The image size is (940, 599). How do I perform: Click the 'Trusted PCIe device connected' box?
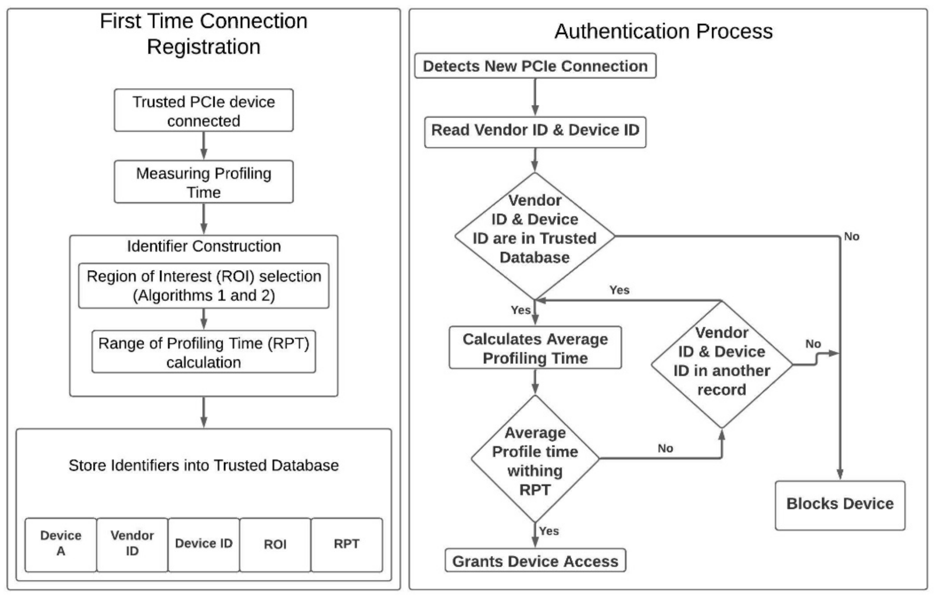(x=203, y=111)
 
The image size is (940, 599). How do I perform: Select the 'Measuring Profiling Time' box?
(x=203, y=182)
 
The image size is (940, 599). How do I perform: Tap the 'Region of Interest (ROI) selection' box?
(x=203, y=286)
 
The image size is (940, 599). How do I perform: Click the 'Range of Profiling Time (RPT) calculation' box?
(x=203, y=352)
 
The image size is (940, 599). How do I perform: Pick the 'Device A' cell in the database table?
(x=60, y=544)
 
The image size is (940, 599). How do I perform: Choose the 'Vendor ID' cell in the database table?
(x=132, y=544)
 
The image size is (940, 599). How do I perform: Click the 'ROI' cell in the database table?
(x=275, y=544)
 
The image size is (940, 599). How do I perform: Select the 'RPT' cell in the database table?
(x=347, y=544)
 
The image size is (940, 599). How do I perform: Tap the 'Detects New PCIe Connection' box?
(x=535, y=66)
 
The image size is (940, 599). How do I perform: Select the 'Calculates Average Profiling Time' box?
(x=535, y=348)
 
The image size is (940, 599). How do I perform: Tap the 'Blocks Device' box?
(x=840, y=505)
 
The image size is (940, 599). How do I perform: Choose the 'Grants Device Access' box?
(x=535, y=561)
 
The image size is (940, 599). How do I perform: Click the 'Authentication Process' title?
(x=663, y=31)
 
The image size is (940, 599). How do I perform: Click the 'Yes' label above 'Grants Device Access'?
(x=549, y=531)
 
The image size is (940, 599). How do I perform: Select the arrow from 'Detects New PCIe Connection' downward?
(x=535, y=97)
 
